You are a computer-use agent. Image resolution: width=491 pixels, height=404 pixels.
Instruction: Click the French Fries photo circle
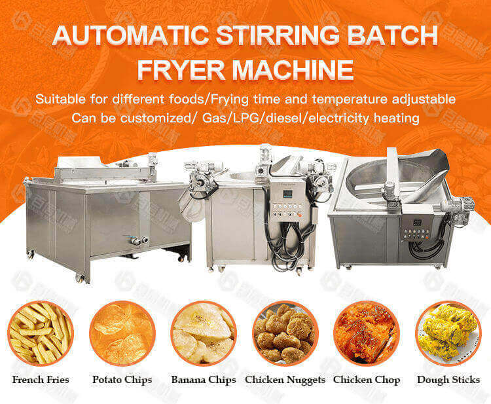pyautogui.click(x=41, y=333)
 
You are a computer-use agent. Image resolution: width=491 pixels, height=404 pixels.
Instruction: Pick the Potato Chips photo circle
pyautogui.click(x=122, y=333)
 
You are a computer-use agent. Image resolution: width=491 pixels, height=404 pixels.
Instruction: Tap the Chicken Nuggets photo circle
pyautogui.click(x=285, y=333)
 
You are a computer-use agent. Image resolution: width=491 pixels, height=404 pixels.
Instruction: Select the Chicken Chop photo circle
pyautogui.click(x=367, y=333)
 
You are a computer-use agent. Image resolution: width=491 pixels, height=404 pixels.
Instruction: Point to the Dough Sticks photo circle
pyautogui.click(x=448, y=333)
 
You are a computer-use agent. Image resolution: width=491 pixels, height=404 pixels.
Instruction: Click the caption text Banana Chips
pyautogui.click(x=204, y=380)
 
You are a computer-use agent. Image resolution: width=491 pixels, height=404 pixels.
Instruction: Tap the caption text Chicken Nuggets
pyautogui.click(x=285, y=380)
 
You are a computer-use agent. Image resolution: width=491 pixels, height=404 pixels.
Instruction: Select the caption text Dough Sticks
pyautogui.click(x=448, y=380)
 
